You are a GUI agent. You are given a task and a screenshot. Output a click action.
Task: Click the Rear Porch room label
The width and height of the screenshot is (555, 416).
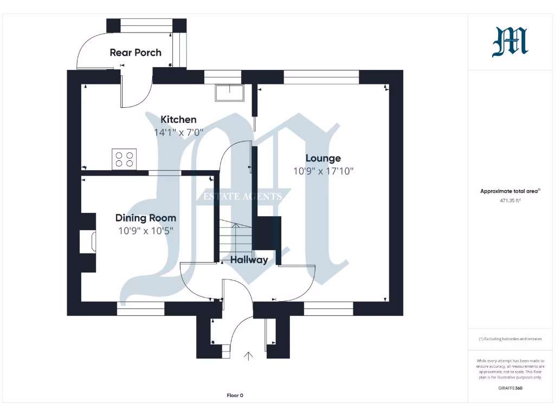135,53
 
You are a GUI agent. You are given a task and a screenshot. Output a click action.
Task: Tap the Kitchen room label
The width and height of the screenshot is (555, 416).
178,119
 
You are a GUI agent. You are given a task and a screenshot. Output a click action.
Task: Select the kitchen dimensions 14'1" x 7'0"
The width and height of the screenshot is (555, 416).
178,132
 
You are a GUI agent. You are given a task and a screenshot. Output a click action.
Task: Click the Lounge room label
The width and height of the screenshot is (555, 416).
323,158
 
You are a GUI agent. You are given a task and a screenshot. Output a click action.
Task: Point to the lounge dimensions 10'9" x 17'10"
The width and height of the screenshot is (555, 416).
323,171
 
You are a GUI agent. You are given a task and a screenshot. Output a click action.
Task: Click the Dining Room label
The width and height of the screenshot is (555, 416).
145,218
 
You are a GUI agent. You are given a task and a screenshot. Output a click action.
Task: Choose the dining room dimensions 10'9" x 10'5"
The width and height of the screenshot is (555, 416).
145,231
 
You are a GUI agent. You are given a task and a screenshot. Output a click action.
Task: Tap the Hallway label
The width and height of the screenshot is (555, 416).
249,260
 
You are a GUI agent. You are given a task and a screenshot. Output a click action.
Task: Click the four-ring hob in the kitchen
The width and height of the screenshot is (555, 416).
124,159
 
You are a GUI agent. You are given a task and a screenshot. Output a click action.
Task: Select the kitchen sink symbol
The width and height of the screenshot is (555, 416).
229,93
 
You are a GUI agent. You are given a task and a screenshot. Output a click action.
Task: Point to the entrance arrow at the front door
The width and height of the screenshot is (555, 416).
249,356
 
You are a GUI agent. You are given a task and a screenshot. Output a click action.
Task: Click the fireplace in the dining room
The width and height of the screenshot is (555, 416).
88,242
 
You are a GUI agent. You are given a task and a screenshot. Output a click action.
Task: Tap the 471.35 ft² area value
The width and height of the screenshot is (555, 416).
510,200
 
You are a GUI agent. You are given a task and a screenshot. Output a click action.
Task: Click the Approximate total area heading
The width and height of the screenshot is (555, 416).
510,191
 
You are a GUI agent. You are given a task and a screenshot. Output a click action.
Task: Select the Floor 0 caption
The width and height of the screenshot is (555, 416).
235,395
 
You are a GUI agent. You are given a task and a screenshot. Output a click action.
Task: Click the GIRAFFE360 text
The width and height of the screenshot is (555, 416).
510,388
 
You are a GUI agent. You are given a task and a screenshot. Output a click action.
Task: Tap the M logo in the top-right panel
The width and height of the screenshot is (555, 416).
510,42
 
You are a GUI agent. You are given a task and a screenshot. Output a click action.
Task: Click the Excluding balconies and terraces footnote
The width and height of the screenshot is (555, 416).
510,339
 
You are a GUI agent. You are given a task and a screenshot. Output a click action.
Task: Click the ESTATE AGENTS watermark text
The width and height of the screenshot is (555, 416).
242,196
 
